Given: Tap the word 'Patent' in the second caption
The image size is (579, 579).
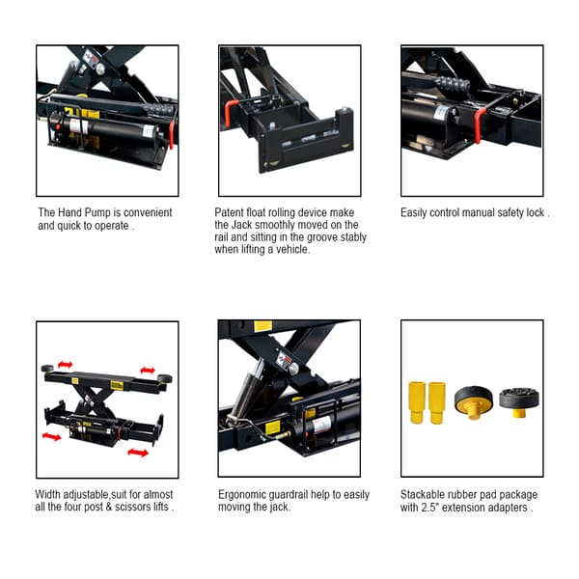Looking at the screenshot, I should (x=230, y=212).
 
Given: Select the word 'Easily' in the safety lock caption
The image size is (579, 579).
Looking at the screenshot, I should (x=416, y=212).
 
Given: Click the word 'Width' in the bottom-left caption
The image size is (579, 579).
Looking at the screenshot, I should (x=52, y=494).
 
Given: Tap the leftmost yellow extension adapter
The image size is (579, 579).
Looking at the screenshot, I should (x=418, y=401).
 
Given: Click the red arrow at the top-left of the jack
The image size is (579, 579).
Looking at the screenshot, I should (x=66, y=364).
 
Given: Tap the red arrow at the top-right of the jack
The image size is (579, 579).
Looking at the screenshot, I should (x=147, y=370).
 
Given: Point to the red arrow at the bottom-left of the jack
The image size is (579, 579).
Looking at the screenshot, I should (x=51, y=436).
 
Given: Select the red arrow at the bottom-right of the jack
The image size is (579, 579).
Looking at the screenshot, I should (x=138, y=451).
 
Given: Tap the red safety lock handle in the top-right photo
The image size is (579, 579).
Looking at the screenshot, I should (x=479, y=124).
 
